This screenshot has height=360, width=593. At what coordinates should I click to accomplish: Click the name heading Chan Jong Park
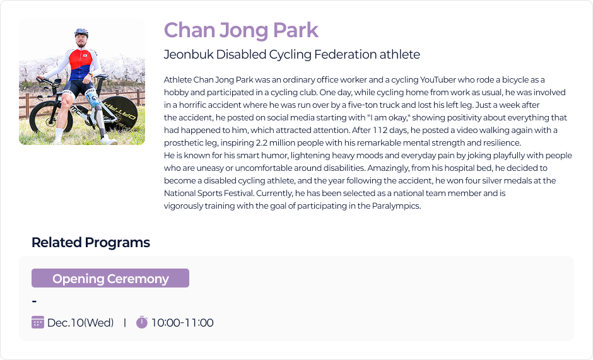point(241,30)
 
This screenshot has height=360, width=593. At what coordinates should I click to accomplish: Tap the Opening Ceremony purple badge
point(110,278)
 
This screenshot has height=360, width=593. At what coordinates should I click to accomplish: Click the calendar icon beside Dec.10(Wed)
point(38,322)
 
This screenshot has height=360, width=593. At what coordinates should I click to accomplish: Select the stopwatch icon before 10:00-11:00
point(142,322)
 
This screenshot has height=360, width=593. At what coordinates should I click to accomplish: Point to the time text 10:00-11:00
point(182,323)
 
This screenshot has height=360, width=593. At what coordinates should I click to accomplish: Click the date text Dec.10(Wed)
point(81,323)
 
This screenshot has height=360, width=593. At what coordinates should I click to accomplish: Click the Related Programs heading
point(91,242)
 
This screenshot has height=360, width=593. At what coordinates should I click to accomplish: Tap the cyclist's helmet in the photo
point(81,33)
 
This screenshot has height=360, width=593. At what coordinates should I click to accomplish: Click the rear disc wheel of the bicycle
point(119,114)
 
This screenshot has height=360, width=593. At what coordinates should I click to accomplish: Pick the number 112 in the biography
point(380,130)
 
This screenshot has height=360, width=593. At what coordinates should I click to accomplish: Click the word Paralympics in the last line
point(396,206)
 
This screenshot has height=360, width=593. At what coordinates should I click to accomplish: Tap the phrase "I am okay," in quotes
point(389,118)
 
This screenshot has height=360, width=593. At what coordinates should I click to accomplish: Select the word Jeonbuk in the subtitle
point(189,54)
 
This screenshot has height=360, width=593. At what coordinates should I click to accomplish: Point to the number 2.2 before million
point(261,143)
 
